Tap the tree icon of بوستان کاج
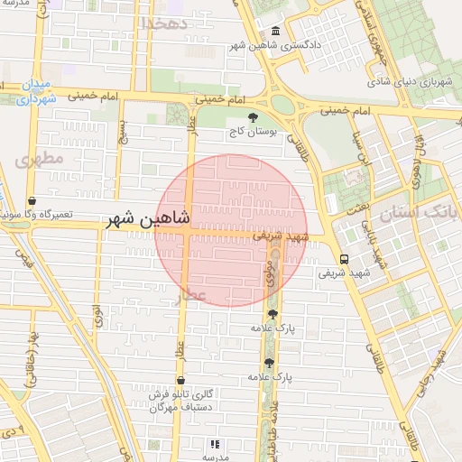click(253, 117)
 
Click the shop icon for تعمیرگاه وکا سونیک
click(32, 201)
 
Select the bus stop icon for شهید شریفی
click(343, 259)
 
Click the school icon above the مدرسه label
click(215, 444)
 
